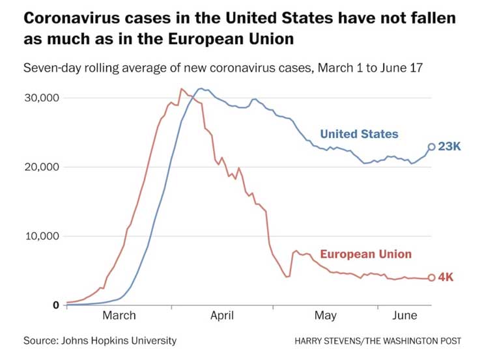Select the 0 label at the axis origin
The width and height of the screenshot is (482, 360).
point(57,305)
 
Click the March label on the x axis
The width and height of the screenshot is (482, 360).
point(119,316)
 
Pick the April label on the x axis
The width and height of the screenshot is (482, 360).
point(222,316)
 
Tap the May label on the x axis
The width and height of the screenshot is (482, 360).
point(326,316)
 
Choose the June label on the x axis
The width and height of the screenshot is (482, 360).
point(406,316)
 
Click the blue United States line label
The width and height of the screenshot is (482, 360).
point(359,134)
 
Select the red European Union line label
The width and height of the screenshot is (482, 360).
point(365,254)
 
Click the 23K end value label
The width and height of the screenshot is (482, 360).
point(449,147)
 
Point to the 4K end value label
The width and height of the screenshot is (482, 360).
point(446,277)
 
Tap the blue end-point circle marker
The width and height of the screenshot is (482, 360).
point(431,147)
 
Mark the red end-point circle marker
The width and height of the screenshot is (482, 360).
point(431,278)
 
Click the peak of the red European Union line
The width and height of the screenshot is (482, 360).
point(181,89)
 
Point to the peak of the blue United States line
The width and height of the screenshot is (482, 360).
point(201,89)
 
